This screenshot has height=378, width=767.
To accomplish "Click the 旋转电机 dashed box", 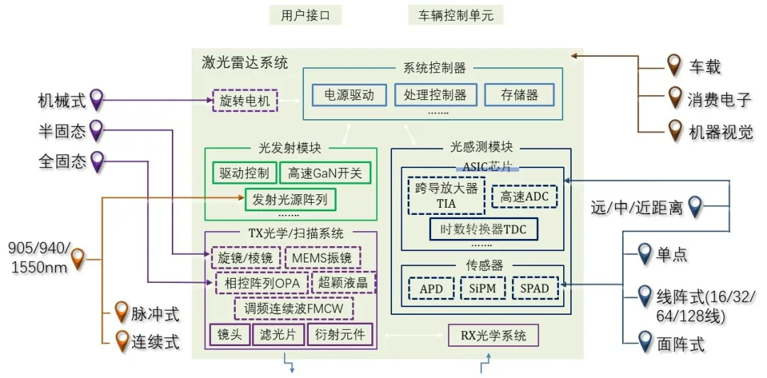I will [245, 101].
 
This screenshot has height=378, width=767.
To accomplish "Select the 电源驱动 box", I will [349, 95].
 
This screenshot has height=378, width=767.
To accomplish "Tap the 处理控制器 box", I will [435, 95].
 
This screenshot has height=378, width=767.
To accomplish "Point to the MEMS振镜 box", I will [322, 257].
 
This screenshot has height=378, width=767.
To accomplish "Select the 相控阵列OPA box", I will [261, 283].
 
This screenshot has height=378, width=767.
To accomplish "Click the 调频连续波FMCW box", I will [293, 308].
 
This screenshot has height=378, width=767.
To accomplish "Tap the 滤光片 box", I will [278, 334].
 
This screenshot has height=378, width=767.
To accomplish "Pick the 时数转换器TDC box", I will [484, 229].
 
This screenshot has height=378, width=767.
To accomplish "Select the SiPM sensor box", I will [483, 288].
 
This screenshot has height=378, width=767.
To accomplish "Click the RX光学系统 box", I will [493, 335].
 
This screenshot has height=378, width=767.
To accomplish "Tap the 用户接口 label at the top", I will [306, 16].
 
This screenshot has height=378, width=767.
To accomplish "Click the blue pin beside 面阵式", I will [644, 341].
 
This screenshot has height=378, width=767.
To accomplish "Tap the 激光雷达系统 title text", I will [245, 62].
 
